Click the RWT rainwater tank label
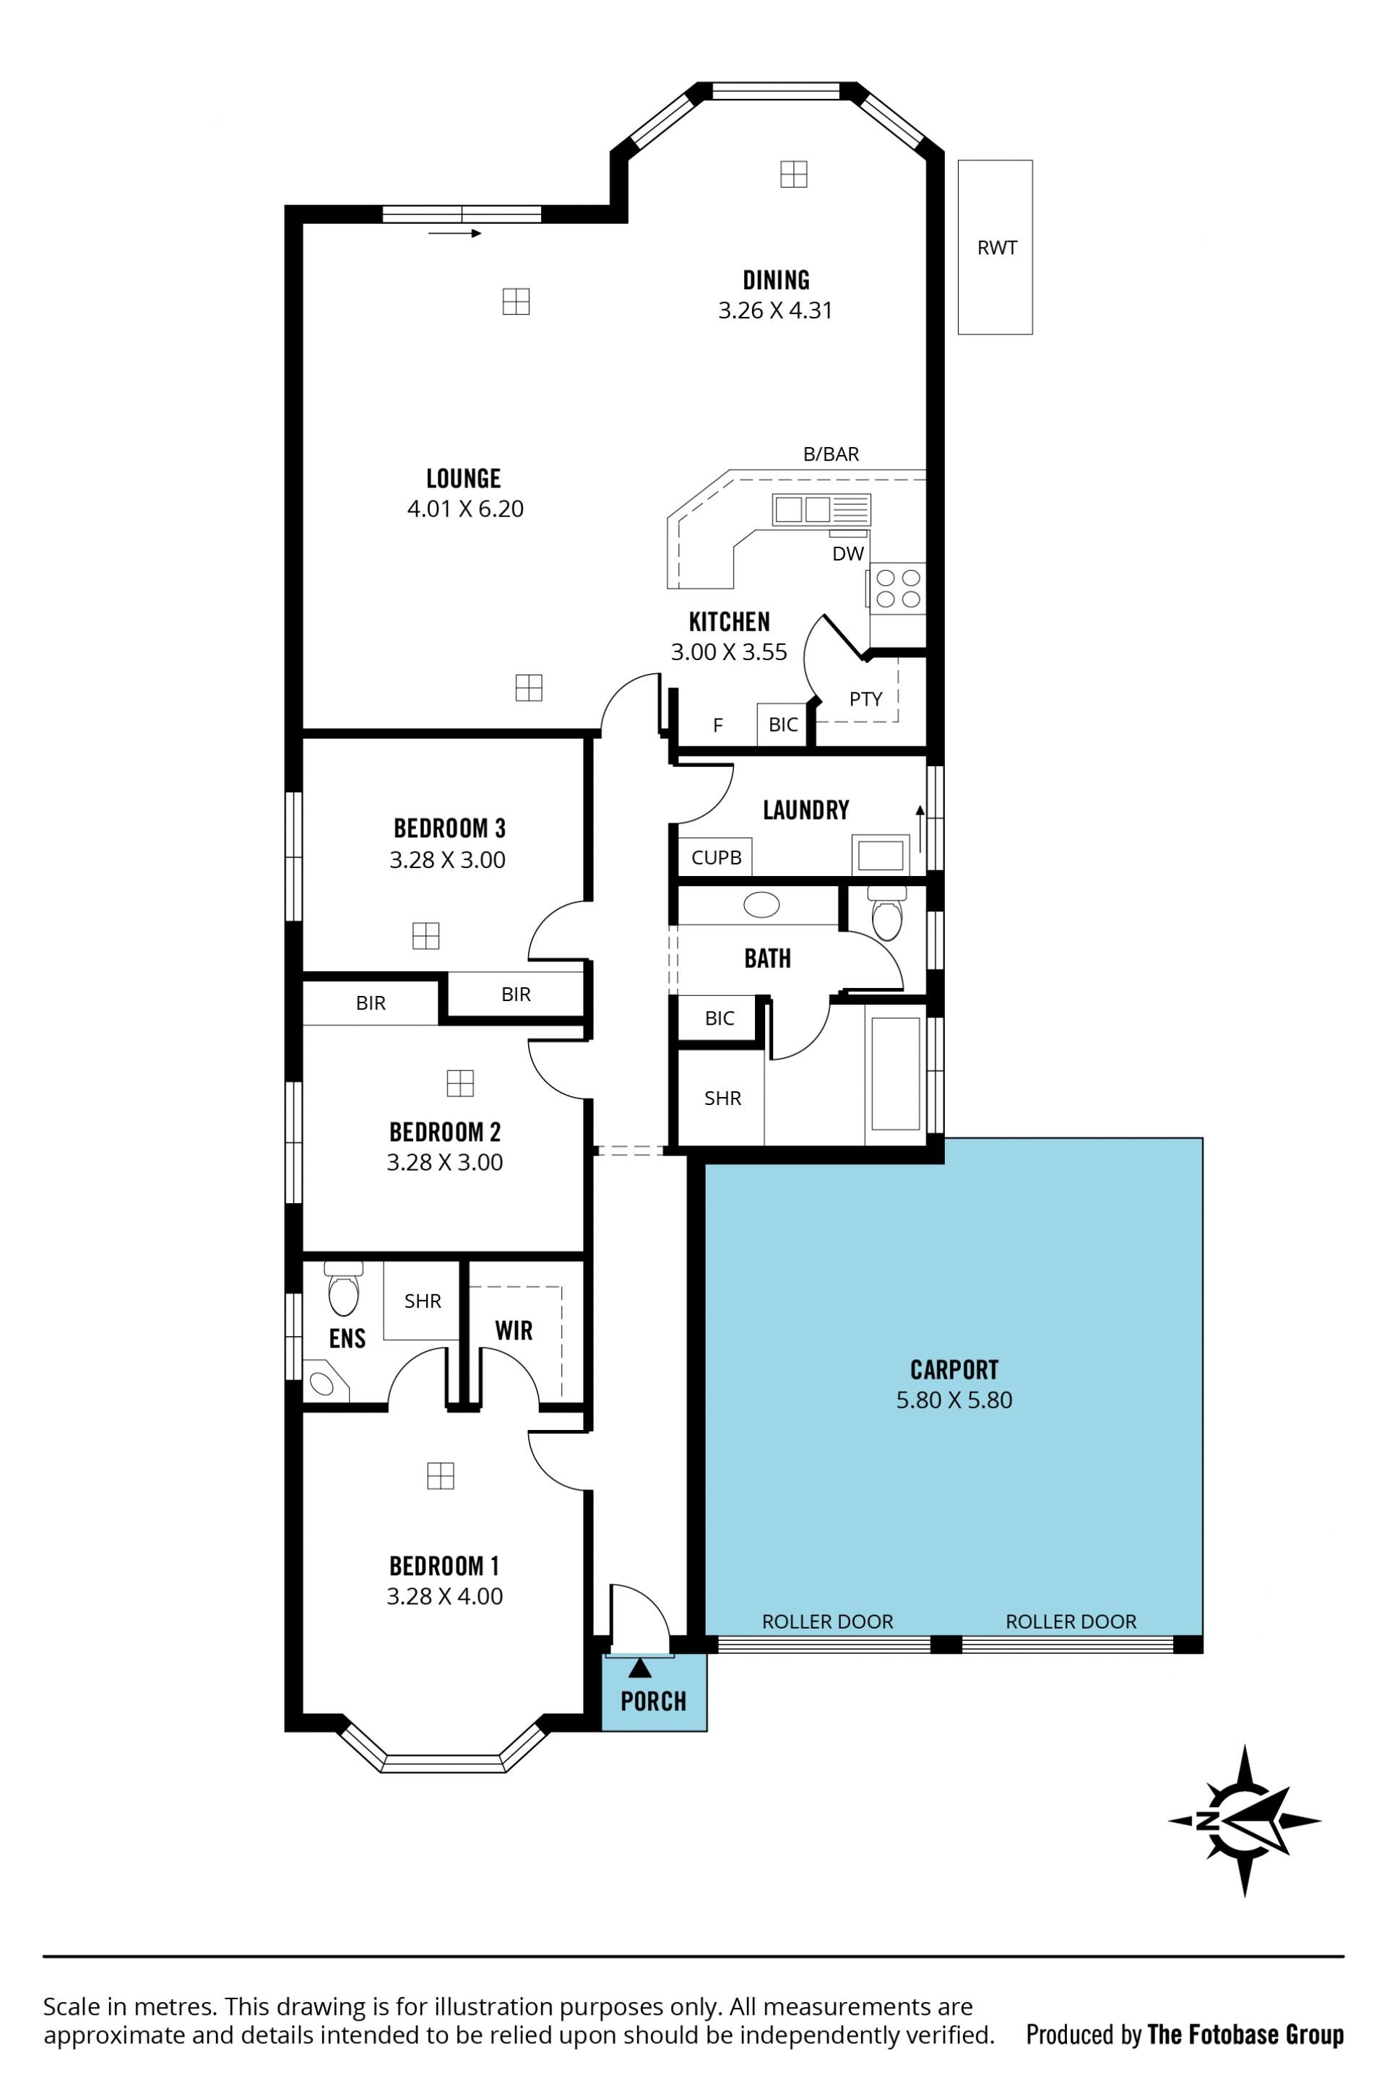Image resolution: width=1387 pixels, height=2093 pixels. click(997, 248)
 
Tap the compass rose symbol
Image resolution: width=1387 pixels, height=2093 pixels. click(1244, 1821)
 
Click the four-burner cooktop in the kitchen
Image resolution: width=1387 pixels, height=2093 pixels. click(898, 588)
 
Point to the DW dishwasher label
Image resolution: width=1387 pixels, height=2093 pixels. click(848, 555)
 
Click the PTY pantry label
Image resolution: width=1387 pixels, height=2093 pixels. click(866, 699)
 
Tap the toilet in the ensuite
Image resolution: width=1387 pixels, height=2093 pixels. click(343, 1288)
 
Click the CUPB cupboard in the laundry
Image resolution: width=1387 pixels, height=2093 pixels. click(716, 857)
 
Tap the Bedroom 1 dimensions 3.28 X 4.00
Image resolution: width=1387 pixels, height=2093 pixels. click(445, 1596)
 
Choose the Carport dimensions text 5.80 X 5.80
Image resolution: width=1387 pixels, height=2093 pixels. click(954, 1400)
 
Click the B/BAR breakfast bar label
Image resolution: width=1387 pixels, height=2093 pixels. click(831, 454)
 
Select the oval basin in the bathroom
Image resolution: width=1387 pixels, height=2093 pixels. click(761, 904)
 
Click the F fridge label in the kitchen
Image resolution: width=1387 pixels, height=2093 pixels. click(718, 726)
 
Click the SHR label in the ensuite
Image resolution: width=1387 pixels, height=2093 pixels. click(423, 1301)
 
